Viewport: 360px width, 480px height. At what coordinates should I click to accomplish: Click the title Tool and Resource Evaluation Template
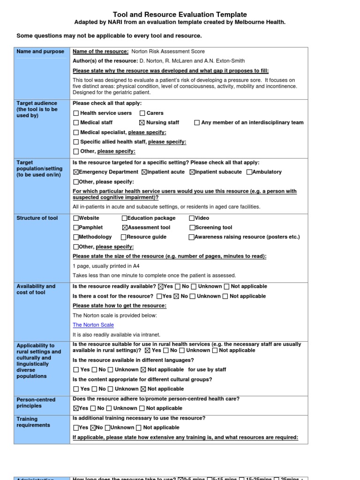click(180, 15)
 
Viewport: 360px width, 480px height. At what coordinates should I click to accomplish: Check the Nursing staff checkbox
click(142, 123)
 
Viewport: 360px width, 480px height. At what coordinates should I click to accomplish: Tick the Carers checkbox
click(142, 113)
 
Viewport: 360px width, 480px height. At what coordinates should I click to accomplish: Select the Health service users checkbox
click(76, 113)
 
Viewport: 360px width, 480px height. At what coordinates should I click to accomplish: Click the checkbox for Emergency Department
click(76, 172)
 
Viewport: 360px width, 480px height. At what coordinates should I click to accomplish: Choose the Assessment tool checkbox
click(125, 227)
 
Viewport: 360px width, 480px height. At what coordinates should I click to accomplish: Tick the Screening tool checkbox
click(192, 227)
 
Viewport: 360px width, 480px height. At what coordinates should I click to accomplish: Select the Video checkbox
click(192, 218)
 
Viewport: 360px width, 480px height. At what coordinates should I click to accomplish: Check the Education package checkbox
click(125, 218)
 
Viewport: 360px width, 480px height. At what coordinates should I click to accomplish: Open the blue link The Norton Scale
click(93, 325)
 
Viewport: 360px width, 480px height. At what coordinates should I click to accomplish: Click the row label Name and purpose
click(40, 52)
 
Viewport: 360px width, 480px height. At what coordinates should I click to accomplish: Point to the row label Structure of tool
click(37, 218)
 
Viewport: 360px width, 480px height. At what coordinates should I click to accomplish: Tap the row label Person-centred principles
click(36, 403)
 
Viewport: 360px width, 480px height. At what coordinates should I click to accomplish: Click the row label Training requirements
click(33, 422)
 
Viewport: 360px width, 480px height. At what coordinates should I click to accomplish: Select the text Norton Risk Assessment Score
click(168, 52)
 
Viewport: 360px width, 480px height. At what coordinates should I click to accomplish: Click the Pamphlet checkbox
click(76, 227)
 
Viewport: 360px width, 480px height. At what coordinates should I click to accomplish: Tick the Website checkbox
click(76, 218)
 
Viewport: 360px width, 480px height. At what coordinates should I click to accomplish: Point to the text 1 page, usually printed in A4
click(106, 266)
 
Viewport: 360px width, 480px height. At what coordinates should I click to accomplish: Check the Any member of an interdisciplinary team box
click(197, 123)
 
